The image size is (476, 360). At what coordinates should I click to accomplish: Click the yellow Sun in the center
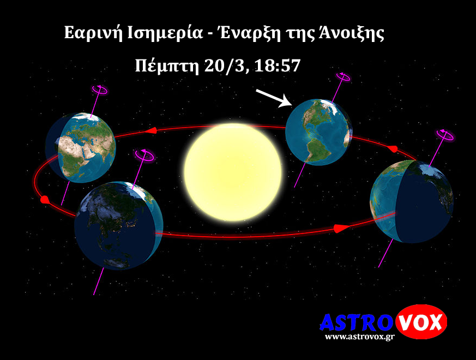point(232,172)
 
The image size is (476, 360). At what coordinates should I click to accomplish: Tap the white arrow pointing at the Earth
point(274,98)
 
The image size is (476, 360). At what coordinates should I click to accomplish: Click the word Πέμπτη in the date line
point(167,66)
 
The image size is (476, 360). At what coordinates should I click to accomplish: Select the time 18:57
point(277,65)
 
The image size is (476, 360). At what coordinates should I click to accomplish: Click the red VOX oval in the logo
point(421,321)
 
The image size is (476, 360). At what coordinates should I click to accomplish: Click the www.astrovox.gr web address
point(359,337)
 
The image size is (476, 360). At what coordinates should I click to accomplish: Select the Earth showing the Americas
point(318,132)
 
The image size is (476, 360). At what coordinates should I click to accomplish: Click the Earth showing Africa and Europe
point(81,148)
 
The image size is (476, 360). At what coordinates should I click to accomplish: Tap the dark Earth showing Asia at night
point(119,225)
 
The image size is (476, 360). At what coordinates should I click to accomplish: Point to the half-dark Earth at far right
point(411,201)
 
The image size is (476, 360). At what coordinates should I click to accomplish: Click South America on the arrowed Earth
point(316,150)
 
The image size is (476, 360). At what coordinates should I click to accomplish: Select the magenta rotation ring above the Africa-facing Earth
point(100,90)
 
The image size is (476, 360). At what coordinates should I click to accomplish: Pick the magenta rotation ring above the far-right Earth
point(445,135)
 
